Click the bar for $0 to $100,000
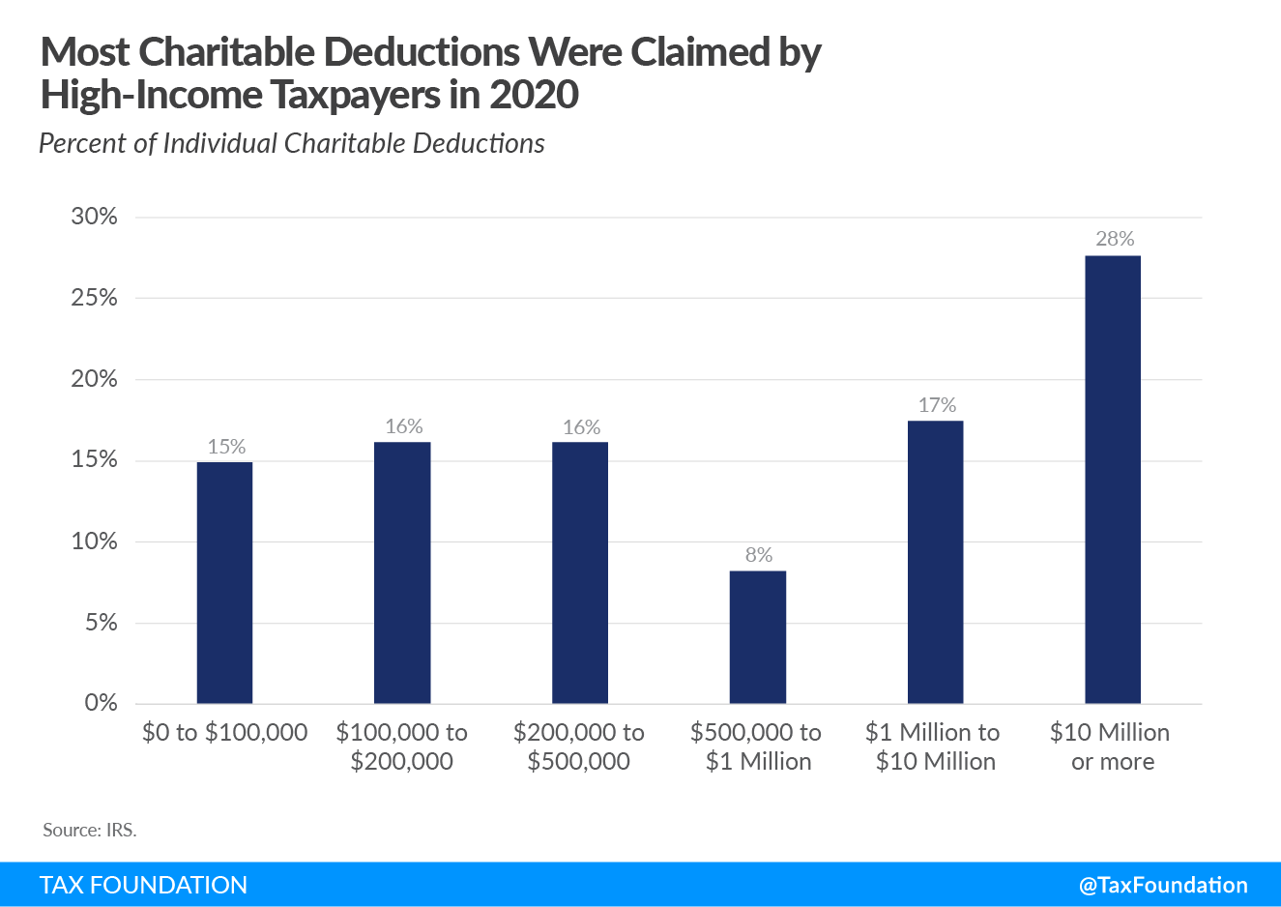coord(224,582)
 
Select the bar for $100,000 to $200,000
coord(402,572)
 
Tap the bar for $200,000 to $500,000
coord(580,572)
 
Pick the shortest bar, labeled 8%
coord(758,636)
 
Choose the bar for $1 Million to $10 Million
coord(935,562)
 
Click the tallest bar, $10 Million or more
coord(1113,479)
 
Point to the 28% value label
coord(1115,239)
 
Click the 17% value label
coord(937,405)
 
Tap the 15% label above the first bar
coord(226,447)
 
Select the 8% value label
coord(759,555)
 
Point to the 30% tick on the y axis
coord(94,217)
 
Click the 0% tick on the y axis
coord(101,703)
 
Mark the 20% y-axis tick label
coord(94,379)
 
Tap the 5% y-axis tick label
coord(101,622)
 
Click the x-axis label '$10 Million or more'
coord(1111,746)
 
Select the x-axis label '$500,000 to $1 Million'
coord(757,746)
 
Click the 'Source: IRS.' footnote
coord(90,830)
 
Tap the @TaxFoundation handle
coord(1163,885)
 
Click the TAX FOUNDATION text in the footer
coord(143,885)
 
